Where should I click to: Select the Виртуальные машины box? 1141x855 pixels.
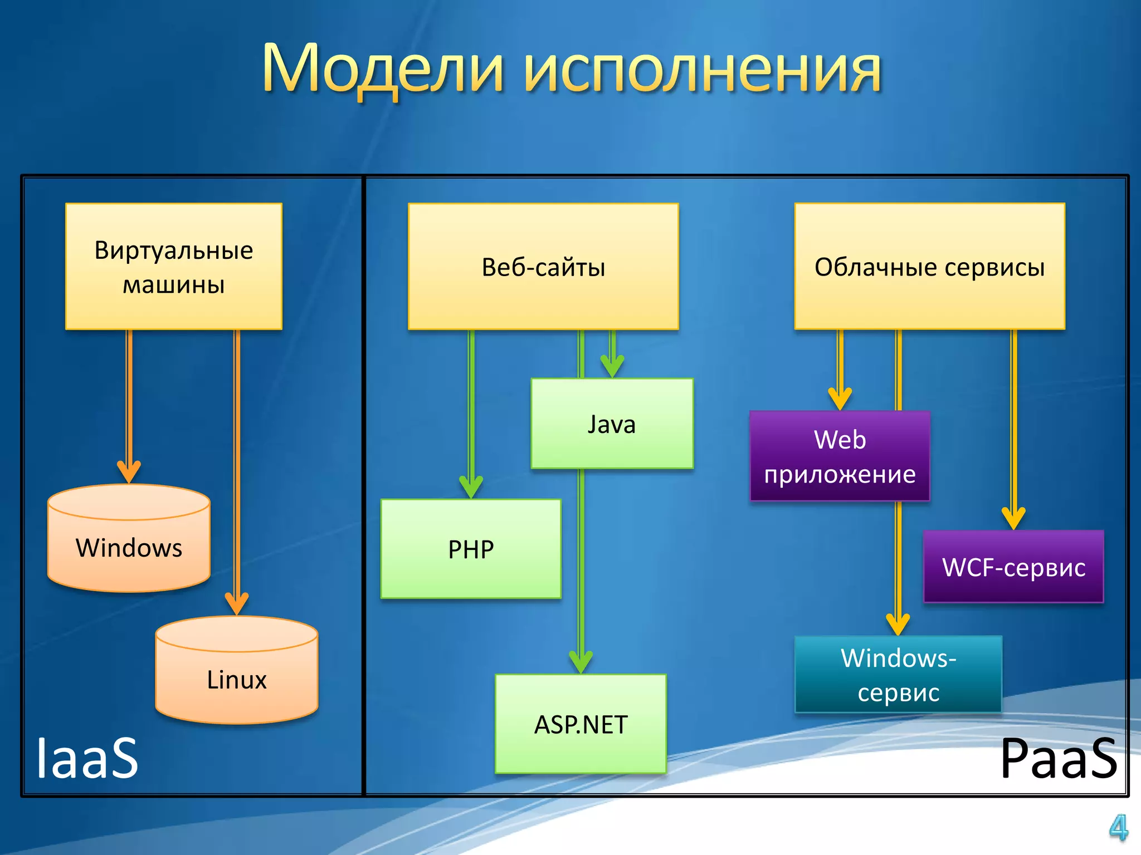(x=174, y=267)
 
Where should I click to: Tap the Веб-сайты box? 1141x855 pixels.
(x=543, y=267)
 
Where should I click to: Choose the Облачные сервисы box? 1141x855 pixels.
(x=929, y=267)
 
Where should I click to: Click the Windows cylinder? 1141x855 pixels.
(x=129, y=548)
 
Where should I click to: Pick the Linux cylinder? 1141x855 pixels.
(x=237, y=679)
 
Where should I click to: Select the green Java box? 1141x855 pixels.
(x=612, y=424)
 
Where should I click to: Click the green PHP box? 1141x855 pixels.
(x=471, y=549)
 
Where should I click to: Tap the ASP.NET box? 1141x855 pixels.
(x=581, y=724)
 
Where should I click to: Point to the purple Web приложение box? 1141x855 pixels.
(x=840, y=456)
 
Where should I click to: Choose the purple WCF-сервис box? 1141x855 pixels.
(x=1013, y=567)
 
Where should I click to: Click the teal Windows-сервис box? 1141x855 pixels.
(x=898, y=675)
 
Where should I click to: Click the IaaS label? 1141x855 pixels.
(x=87, y=758)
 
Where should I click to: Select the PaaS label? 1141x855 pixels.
(x=1059, y=758)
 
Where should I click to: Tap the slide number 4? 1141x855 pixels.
(x=1118, y=828)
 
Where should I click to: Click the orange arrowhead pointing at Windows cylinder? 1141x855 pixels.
(x=129, y=472)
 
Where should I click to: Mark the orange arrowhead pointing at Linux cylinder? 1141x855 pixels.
(x=237, y=603)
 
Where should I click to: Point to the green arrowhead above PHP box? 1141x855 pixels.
(x=471, y=487)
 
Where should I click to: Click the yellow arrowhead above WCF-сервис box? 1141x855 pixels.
(x=1013, y=518)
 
